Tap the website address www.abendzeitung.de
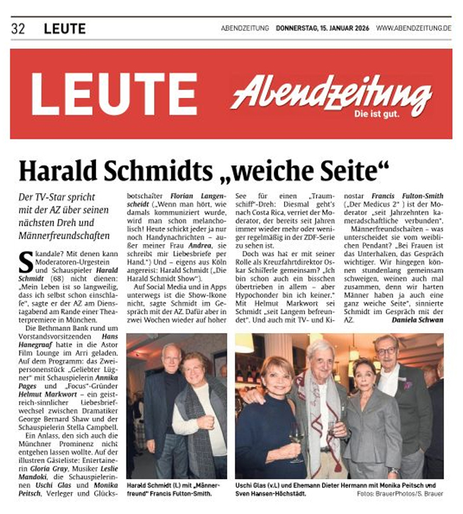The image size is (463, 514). pos(413,29)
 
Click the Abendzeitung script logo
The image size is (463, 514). pos(331,91)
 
